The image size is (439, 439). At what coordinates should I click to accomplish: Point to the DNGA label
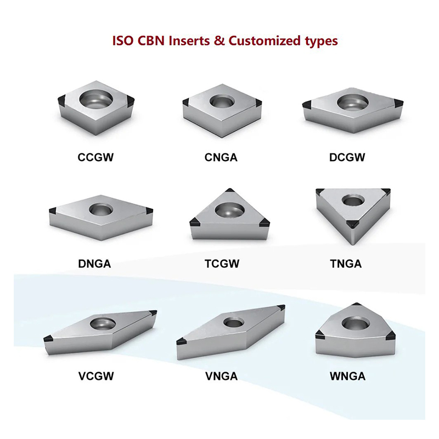coord(94,264)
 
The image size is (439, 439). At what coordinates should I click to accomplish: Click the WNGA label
coord(347,376)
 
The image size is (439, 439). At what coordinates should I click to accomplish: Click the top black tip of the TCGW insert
coord(231,192)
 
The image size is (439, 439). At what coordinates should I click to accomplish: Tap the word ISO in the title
coord(123,41)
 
